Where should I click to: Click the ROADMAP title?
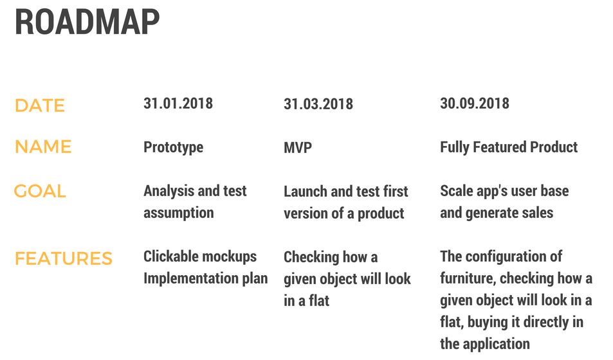87,21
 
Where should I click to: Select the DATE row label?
39,105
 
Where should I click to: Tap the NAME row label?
43,147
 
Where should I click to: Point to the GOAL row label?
40,191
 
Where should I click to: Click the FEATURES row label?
64,258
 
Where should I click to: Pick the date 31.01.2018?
178,104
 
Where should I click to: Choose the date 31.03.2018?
318,104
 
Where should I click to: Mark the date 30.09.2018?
475,104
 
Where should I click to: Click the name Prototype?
173,148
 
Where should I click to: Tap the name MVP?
298,148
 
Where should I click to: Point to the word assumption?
179,213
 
